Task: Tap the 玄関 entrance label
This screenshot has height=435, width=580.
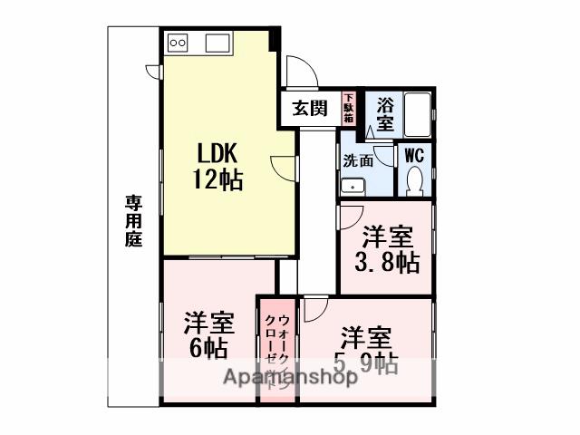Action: point(309,109)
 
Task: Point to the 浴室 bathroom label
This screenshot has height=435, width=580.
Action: point(386,113)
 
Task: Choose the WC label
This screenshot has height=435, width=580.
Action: point(413,154)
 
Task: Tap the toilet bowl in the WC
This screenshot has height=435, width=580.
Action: point(415,182)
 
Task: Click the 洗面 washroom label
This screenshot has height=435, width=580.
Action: point(358,161)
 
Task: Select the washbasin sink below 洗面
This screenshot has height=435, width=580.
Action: point(353,187)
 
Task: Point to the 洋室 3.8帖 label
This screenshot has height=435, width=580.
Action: point(387,250)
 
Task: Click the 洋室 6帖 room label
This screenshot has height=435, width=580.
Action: point(209,334)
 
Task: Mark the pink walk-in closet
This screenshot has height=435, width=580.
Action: point(277,349)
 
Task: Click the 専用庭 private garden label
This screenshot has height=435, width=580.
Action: point(133,221)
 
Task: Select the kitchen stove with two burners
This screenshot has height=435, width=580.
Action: point(177,43)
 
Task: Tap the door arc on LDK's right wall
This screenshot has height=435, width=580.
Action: point(284,169)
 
